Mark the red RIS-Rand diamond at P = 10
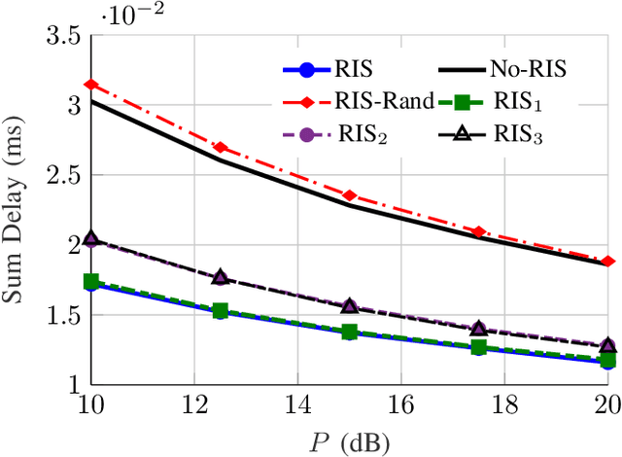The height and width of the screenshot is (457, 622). click(91, 85)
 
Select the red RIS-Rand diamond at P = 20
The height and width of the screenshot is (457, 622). click(607, 261)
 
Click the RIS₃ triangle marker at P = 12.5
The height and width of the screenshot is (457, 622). click(221, 277)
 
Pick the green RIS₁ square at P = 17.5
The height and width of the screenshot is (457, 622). click(478, 346)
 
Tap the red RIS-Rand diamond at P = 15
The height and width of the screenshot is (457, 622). click(350, 195)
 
